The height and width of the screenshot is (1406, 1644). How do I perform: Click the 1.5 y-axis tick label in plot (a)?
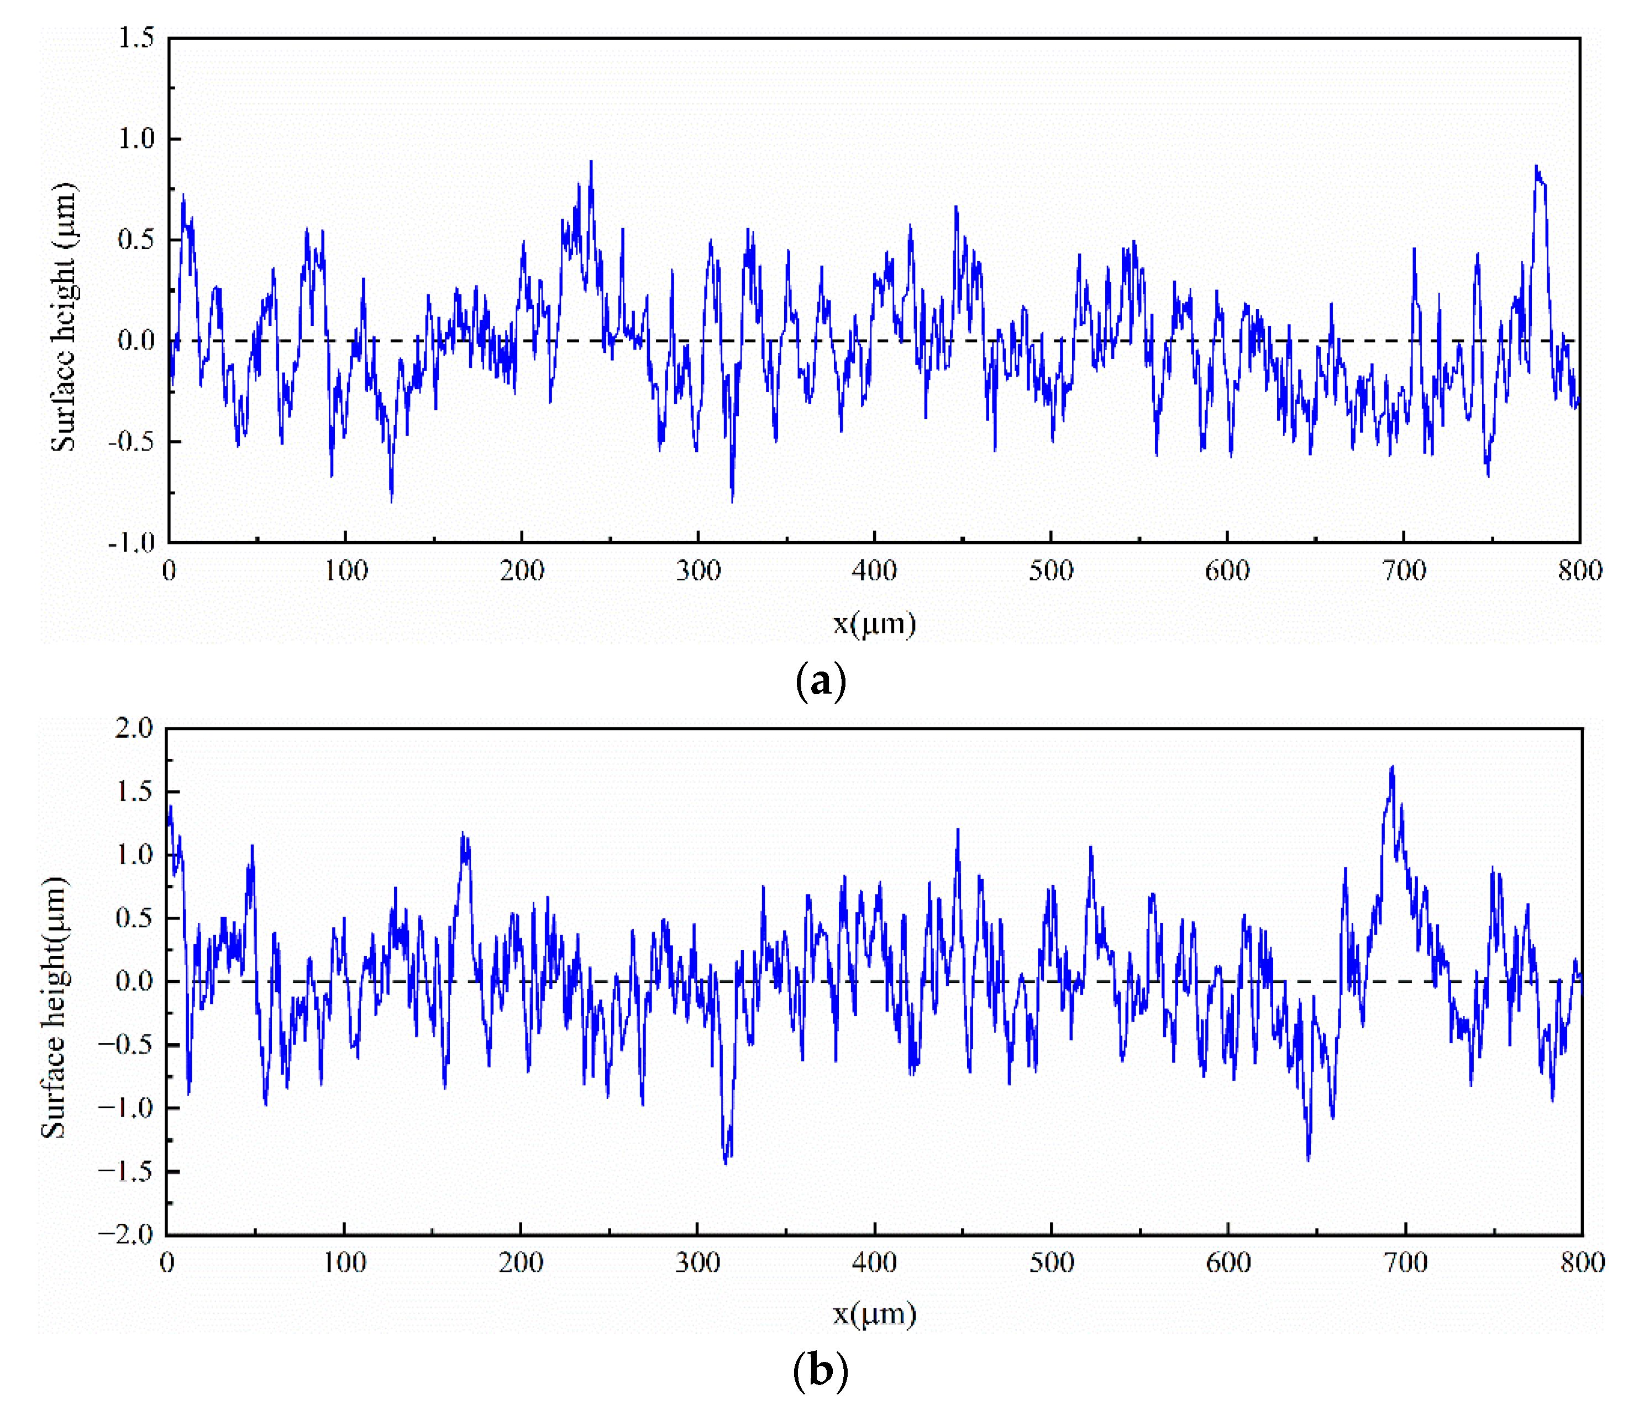click(x=136, y=38)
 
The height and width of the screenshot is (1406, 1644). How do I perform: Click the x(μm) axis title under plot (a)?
click(x=874, y=623)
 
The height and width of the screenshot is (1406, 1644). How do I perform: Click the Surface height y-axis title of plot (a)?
click(x=64, y=317)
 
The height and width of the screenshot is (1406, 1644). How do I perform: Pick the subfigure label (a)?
click(x=821, y=681)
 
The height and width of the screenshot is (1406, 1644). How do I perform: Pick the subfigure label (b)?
click(x=821, y=1370)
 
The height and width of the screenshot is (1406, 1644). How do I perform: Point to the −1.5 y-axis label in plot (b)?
click(x=126, y=1171)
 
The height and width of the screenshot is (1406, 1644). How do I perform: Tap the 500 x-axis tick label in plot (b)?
click(x=1051, y=1262)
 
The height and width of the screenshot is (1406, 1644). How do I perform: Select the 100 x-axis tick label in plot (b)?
click(x=344, y=1262)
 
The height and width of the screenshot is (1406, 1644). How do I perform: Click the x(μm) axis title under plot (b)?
click(x=874, y=1314)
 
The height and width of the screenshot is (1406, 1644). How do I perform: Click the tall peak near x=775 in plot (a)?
click(x=1537, y=167)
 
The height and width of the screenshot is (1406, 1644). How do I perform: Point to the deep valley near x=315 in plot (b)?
click(x=725, y=1162)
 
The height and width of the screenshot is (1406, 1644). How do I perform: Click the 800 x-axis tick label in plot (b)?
click(x=1582, y=1262)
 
